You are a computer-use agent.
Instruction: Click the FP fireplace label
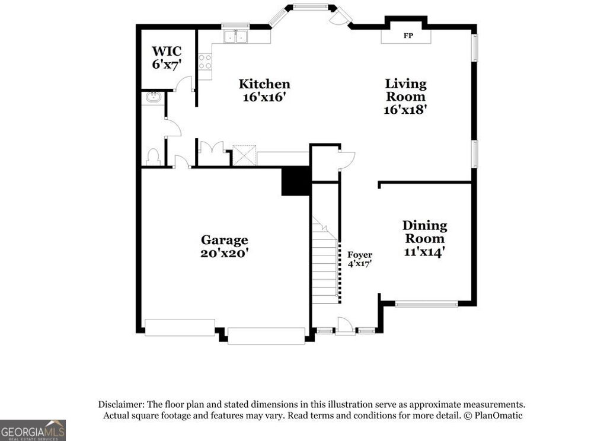coord(408,36)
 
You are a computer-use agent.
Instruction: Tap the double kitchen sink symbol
coord(235,37)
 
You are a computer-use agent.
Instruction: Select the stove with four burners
coord(205,62)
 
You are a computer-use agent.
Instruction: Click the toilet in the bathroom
coord(152,157)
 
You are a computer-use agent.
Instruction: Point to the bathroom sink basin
coord(153,98)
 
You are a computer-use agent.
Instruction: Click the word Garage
coord(224,239)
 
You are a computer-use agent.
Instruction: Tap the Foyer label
coord(360,255)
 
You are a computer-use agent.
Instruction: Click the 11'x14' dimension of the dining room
coord(424,252)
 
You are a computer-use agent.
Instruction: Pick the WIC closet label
coord(166,51)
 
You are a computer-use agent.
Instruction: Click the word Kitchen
coord(264,84)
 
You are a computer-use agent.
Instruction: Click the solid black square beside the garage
coord(296,181)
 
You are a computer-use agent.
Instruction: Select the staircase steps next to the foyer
coord(325,267)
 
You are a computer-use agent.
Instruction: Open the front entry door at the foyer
coord(344,325)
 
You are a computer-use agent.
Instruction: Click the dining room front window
coord(427,305)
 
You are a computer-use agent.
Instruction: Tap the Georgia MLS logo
coord(33,430)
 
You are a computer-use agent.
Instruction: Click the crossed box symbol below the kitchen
coord(243,155)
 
